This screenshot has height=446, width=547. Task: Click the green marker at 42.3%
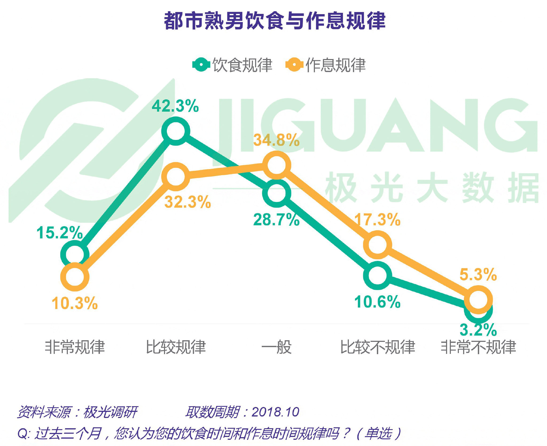[x=175, y=131]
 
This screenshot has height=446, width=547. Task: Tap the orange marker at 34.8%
[x=276, y=165]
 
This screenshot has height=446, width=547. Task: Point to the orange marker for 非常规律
[x=75, y=277]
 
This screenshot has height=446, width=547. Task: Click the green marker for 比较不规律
[x=377, y=275]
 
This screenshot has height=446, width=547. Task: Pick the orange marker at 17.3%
[x=377, y=245]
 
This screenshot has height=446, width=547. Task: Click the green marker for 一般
[x=276, y=193]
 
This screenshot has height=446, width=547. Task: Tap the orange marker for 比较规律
[x=175, y=177]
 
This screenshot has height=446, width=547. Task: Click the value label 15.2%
[x=60, y=233]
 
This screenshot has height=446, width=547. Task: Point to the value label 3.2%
[x=478, y=330]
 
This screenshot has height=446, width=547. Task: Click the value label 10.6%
[x=377, y=302]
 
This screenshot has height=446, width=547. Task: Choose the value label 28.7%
[x=276, y=220]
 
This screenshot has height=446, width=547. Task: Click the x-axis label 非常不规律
[x=478, y=347]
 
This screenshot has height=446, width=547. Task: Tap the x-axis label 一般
[x=276, y=347]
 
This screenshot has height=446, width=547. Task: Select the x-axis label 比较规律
[x=176, y=347]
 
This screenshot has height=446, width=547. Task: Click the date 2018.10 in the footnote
[x=275, y=412]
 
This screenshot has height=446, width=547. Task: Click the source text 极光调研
[x=110, y=412]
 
